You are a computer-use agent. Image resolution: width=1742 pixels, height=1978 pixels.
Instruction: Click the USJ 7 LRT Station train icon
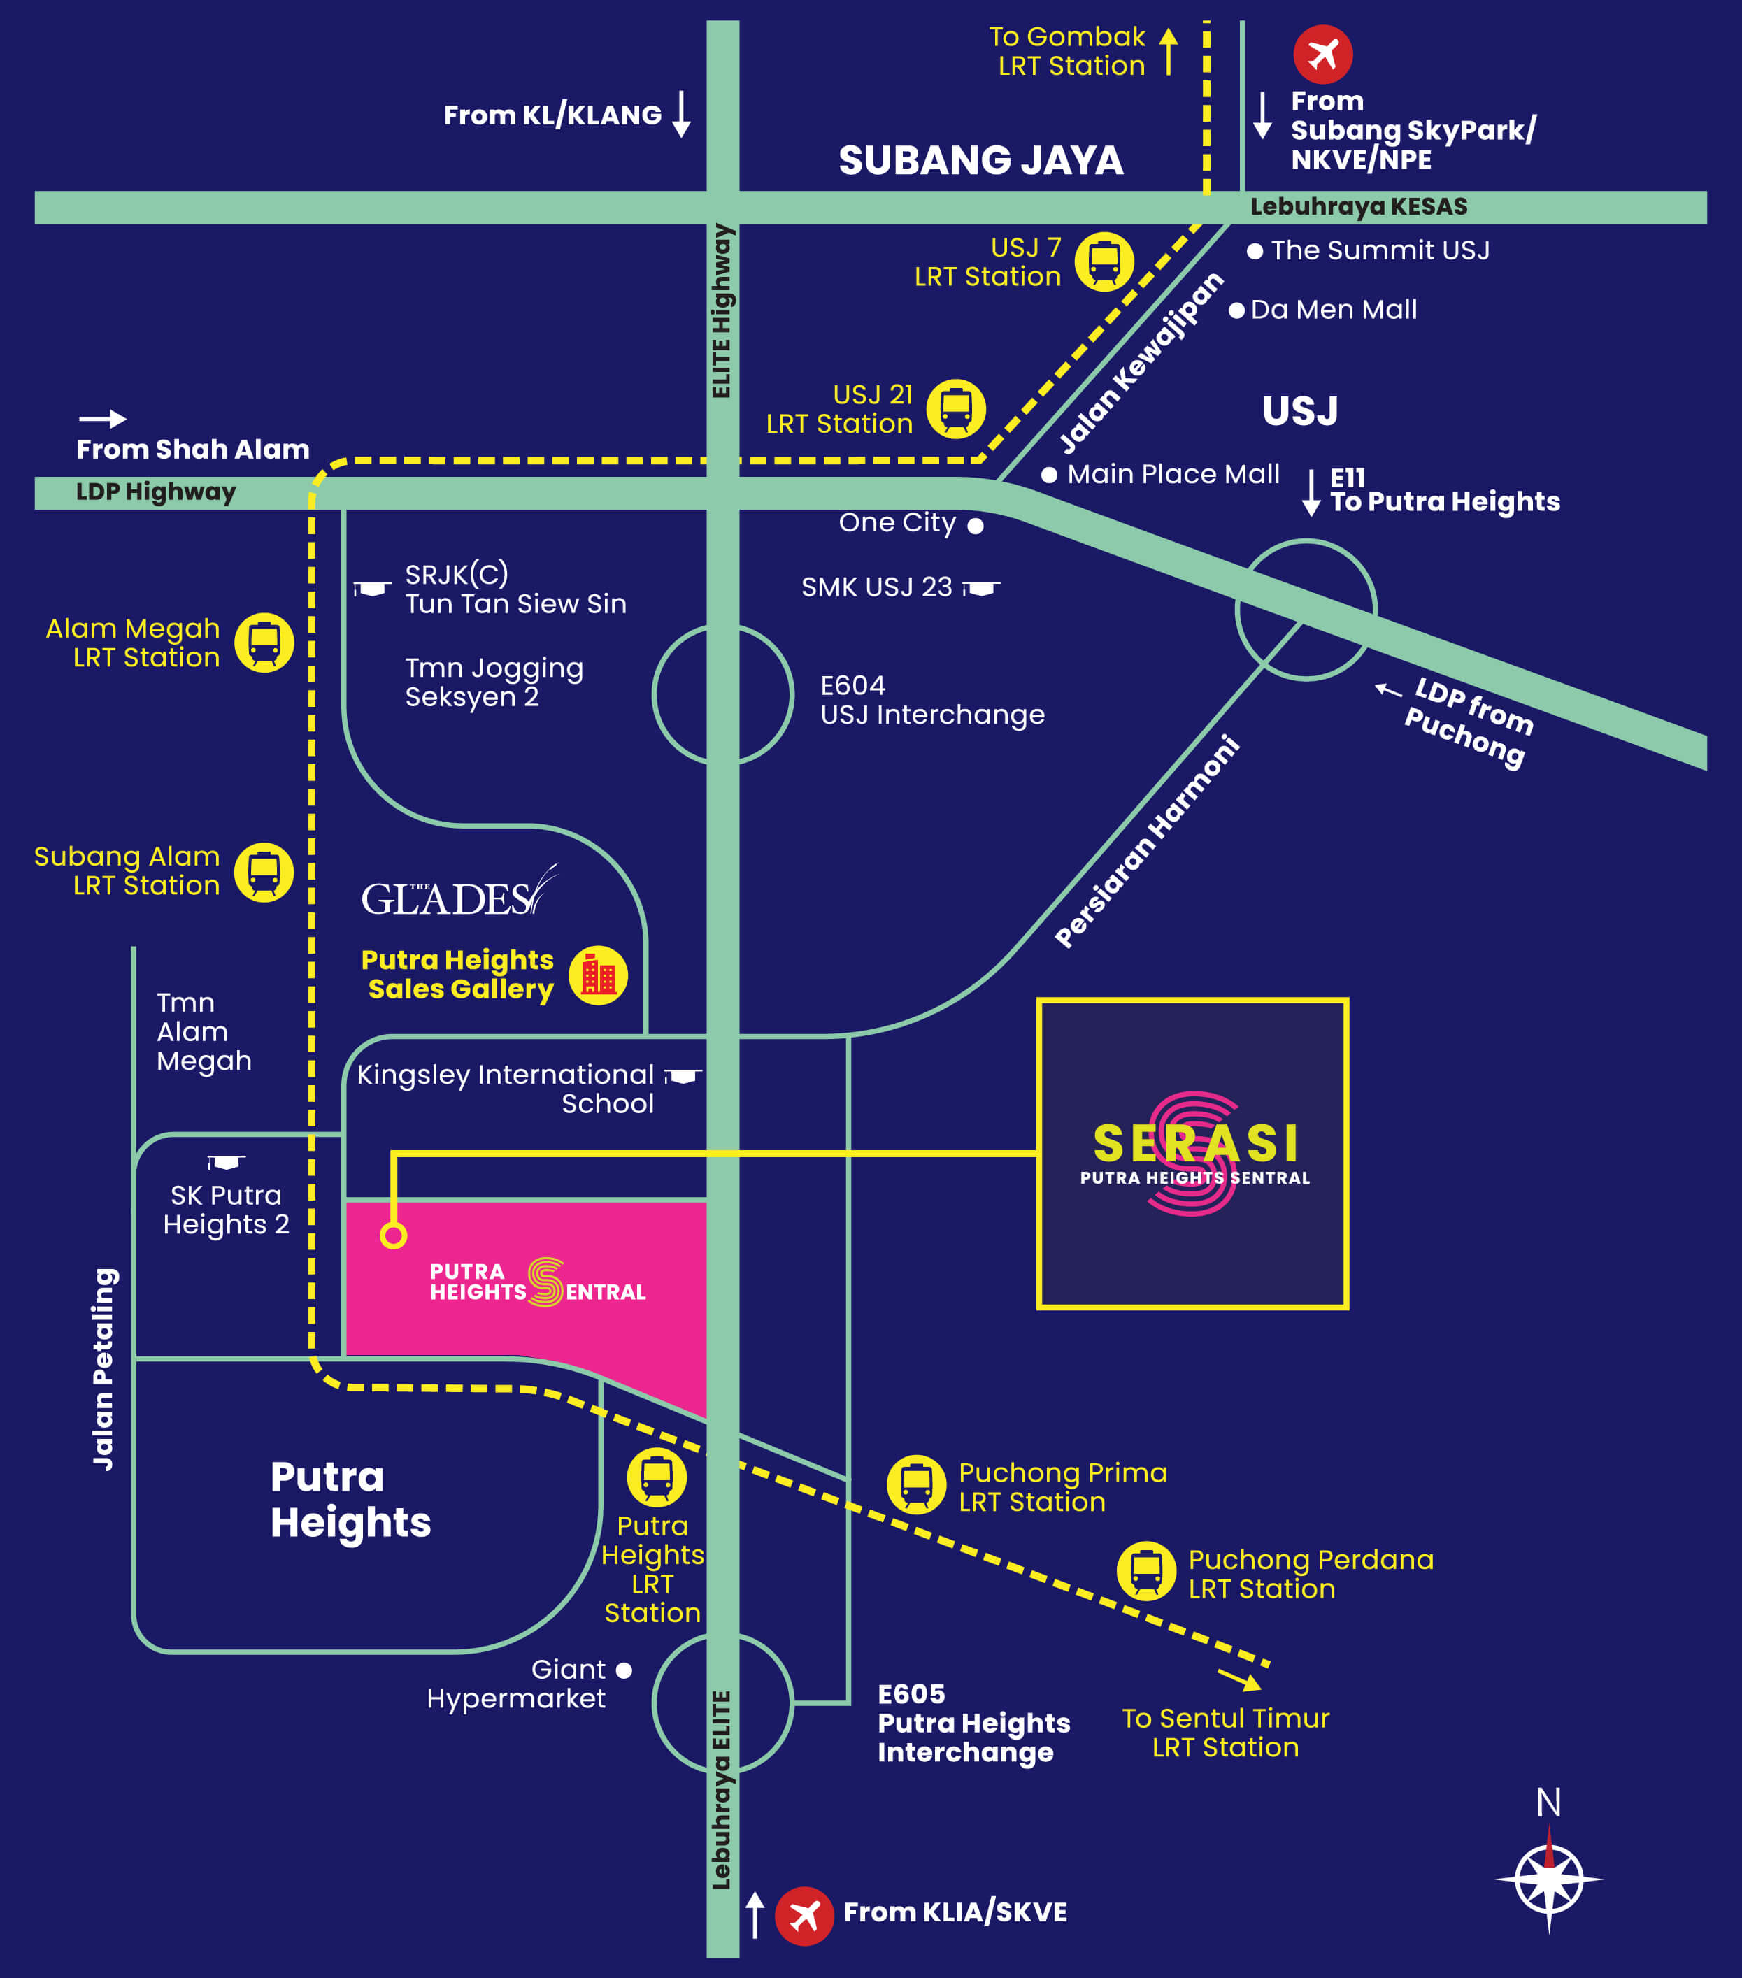click(x=1104, y=261)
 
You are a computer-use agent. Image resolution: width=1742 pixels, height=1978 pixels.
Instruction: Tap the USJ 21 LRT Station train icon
click(x=956, y=408)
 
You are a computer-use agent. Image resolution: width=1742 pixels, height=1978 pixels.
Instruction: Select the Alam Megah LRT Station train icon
click(x=264, y=643)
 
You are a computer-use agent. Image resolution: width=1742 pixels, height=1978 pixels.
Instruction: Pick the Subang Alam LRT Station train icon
click(x=264, y=872)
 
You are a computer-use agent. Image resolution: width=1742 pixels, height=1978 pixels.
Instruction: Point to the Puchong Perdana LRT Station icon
click(x=1147, y=1570)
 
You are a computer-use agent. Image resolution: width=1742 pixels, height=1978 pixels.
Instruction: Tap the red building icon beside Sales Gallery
click(x=598, y=975)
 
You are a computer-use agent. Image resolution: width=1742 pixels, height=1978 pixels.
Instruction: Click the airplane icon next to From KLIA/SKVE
click(x=804, y=1915)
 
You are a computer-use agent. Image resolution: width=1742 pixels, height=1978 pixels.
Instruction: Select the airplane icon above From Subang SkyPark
click(x=1323, y=55)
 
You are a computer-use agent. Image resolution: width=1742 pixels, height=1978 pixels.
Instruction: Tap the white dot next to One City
click(x=976, y=526)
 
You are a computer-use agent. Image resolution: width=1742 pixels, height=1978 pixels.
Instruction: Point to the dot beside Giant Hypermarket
click(x=624, y=1670)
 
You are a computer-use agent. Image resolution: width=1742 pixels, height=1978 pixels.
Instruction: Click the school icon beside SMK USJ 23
click(x=981, y=587)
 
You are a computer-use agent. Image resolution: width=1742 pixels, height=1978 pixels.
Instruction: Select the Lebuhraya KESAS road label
click(x=1358, y=207)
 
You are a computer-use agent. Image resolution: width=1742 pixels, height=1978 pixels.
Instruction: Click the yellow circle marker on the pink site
click(x=394, y=1235)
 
